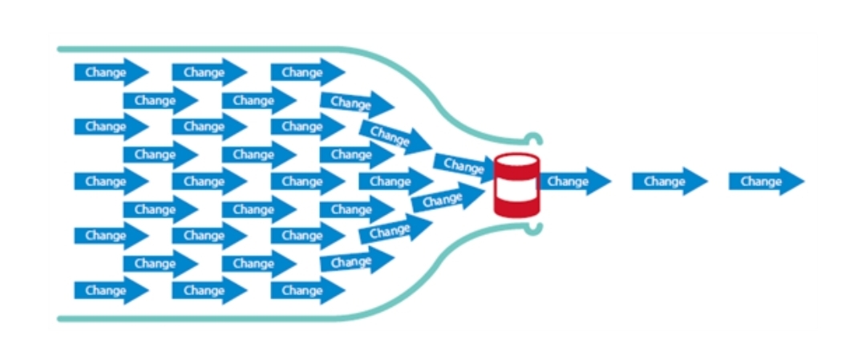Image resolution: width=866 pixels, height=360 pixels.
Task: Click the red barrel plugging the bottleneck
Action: click(x=516, y=186)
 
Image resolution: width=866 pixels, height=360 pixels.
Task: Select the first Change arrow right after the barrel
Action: click(x=575, y=182)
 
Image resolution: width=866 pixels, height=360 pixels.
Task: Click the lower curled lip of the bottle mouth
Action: click(x=532, y=230)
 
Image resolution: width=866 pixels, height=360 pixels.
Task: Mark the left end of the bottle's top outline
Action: click(x=60, y=50)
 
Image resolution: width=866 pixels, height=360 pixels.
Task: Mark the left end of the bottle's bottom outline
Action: click(x=60, y=318)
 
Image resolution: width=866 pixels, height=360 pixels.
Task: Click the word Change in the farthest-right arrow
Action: click(x=760, y=182)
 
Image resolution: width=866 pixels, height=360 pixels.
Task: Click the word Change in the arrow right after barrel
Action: click(x=568, y=182)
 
